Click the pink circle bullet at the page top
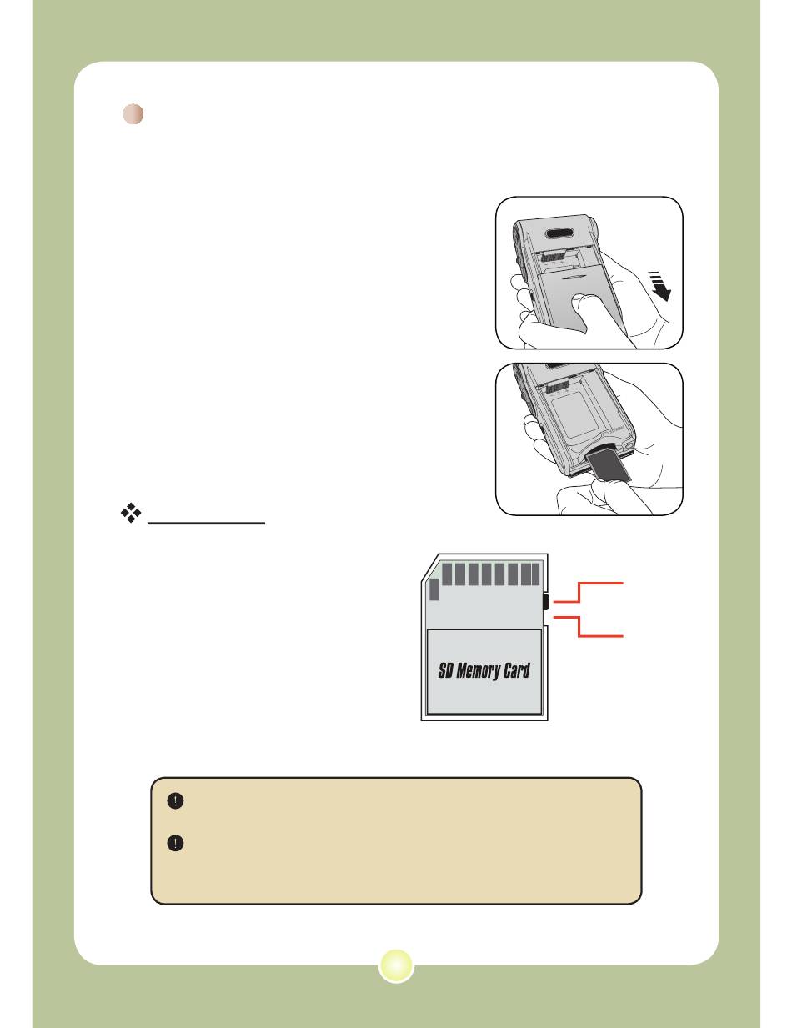point(133,114)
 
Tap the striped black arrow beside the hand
point(659,286)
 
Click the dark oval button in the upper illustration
point(560,233)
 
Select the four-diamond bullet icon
point(131,513)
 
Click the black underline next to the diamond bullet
point(206,524)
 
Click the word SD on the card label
point(445,670)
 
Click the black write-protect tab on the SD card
point(544,601)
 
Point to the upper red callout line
point(589,592)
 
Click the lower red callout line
point(589,626)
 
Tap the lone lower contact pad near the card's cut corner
point(434,589)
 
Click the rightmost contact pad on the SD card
point(535,574)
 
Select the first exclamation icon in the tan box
point(175,801)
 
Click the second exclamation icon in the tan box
point(175,843)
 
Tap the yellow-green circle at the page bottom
point(396,965)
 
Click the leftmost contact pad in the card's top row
point(447,574)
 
